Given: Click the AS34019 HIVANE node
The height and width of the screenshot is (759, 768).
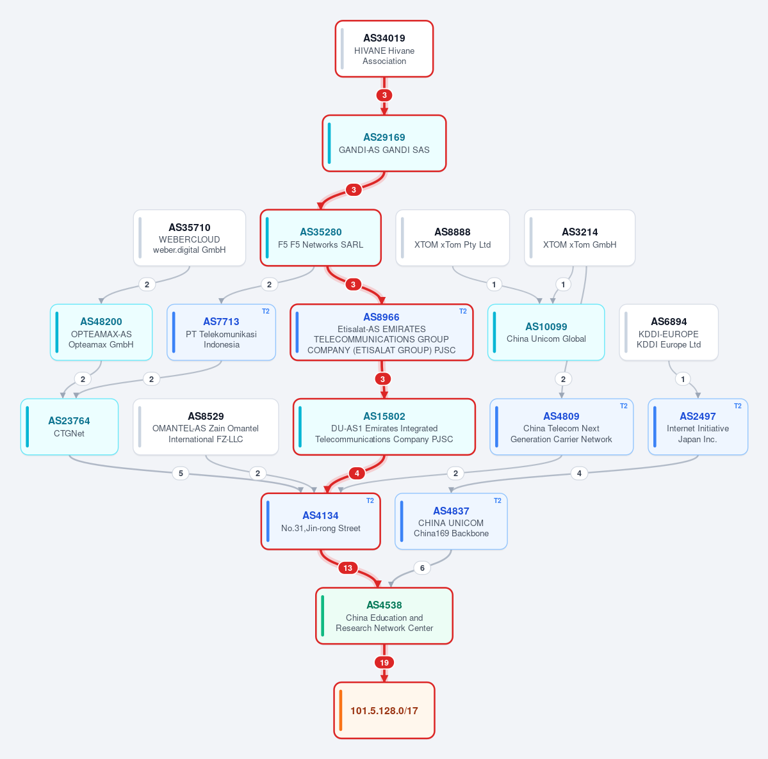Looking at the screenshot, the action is [384, 49].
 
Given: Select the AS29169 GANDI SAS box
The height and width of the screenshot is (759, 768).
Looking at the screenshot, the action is [384, 143].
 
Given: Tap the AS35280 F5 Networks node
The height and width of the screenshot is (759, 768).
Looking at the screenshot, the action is [321, 238].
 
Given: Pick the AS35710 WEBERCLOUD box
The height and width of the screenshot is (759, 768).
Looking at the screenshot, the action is [190, 238].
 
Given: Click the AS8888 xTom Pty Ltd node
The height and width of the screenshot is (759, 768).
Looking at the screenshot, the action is [453, 238].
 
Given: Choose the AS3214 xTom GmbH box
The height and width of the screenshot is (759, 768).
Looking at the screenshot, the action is [580, 238].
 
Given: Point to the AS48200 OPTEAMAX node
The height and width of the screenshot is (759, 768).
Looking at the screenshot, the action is [101, 332].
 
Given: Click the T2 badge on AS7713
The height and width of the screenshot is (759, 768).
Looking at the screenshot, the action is [265, 311].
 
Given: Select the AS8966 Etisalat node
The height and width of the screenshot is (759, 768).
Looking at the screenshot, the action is [382, 332].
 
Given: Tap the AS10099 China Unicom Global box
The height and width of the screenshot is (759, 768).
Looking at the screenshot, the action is [546, 332].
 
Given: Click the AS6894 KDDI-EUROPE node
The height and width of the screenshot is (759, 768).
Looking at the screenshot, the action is [669, 332].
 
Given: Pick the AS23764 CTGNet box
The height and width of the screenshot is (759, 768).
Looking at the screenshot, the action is [70, 427].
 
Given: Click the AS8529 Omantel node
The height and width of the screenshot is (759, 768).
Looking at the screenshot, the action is [206, 427].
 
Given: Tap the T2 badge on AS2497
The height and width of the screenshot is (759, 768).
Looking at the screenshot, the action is [738, 406].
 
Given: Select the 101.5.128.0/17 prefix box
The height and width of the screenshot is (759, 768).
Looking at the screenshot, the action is [384, 710].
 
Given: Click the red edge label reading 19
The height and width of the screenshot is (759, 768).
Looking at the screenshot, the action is [384, 662].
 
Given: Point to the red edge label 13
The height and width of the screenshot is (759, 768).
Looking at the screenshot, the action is [348, 568].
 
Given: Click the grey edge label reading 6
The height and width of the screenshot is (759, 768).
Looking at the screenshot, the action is [422, 568].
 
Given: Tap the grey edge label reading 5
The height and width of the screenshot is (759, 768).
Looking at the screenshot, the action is [181, 473].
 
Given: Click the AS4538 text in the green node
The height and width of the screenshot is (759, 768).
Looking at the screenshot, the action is [384, 605].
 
